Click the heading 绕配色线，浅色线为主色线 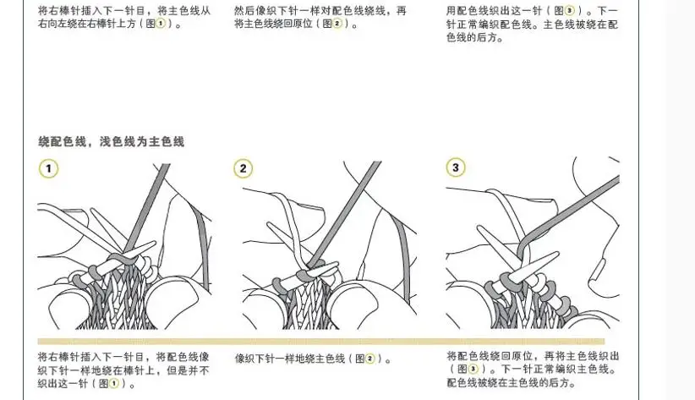pyautogui.click(x=112, y=142)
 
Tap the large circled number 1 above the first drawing pyautogui.click(x=48, y=168)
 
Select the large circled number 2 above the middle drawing pyautogui.click(x=243, y=168)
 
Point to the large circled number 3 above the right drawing pyautogui.click(x=456, y=167)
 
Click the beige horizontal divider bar pyautogui.click(x=321, y=342)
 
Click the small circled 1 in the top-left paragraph pyautogui.click(x=160, y=24)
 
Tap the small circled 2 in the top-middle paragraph pyautogui.click(x=337, y=24)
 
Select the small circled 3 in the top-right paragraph pyautogui.click(x=570, y=11)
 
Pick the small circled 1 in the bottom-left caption pyautogui.click(x=114, y=383)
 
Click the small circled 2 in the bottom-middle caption pyautogui.click(x=369, y=359)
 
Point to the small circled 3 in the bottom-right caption pyautogui.click(x=473, y=369)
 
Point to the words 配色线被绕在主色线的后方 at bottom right pyautogui.click(x=507, y=382)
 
